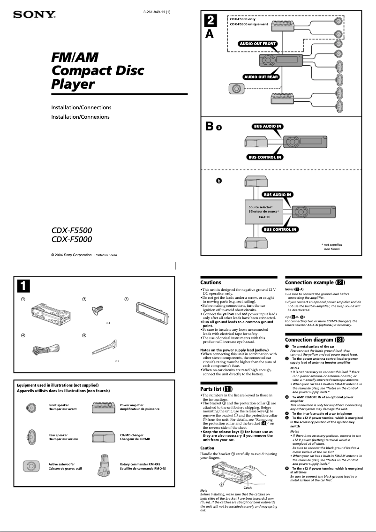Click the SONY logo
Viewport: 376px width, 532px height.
(34, 15)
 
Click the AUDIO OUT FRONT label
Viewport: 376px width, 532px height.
(257, 44)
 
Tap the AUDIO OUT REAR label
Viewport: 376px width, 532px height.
(261, 76)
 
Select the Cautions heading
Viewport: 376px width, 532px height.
(211, 282)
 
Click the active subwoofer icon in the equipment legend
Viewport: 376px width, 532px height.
(30, 466)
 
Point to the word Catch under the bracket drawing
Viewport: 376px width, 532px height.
(247, 488)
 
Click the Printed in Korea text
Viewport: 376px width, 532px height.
(106, 255)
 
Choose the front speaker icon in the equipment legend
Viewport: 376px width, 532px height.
(30, 408)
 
